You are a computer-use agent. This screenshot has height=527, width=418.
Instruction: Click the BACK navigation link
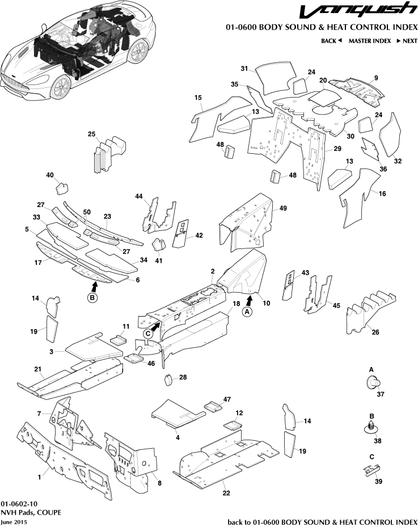click(332, 41)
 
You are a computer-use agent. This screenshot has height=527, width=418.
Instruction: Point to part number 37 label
click(381, 394)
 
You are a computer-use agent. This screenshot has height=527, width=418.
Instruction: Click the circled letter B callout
click(92, 297)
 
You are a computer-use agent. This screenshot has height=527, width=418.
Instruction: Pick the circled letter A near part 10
click(246, 311)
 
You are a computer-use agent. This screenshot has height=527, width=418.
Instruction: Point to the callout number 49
click(284, 208)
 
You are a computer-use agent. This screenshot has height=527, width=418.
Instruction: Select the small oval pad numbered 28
click(168, 379)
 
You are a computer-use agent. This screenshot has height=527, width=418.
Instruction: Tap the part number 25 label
click(91, 134)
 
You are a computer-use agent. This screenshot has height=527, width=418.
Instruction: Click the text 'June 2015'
click(14, 521)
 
